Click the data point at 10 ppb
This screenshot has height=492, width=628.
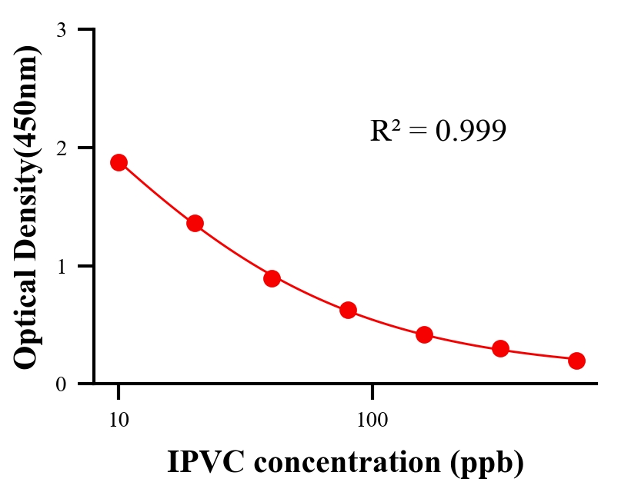pos(119,162)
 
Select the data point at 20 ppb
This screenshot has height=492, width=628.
pos(195,224)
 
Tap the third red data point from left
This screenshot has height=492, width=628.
pos(272,278)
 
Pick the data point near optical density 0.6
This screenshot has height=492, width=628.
pos(348,311)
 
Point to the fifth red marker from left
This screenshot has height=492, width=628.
pos(424,334)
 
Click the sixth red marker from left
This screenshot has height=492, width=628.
pos(500,349)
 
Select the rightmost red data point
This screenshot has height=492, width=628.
pos(576,361)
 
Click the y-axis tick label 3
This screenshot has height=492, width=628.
pos(61,30)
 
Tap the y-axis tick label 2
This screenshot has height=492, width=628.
pos(61,148)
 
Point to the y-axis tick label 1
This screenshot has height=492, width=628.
pos(61,266)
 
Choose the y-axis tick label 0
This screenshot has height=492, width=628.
pos(61,384)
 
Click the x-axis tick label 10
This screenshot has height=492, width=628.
pos(119,421)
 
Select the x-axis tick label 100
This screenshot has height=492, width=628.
pos(372,421)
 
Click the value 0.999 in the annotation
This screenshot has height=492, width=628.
pos(470,131)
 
